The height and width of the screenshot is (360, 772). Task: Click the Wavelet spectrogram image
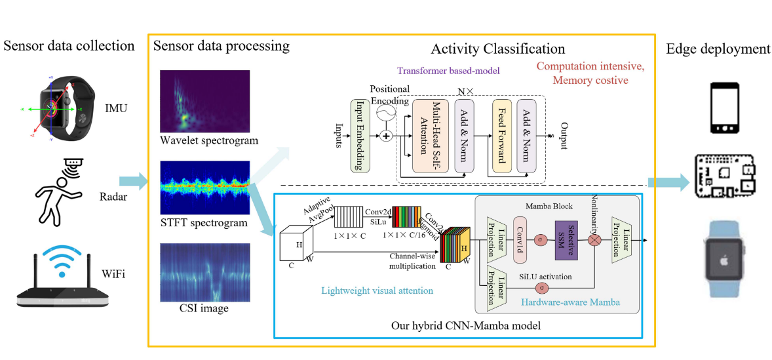203,101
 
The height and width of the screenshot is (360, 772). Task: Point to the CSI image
203,272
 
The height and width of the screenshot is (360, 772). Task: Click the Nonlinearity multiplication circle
595,240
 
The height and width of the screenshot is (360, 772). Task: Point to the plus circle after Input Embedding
387,136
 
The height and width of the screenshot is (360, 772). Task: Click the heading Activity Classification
497,49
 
